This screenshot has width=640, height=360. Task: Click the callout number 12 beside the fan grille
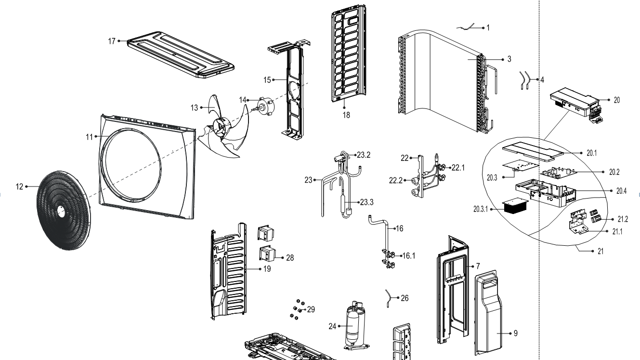[x=19, y=187]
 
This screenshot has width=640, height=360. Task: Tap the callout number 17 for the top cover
[x=112, y=41]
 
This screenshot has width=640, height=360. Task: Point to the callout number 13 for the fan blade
[x=194, y=108]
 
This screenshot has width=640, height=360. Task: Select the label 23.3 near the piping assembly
[x=366, y=202]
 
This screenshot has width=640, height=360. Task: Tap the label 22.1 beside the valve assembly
[x=457, y=167]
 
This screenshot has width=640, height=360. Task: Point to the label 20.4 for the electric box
[x=621, y=191]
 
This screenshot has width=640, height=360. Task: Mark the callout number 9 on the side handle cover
[x=515, y=333]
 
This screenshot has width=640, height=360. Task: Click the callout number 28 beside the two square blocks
[x=290, y=258]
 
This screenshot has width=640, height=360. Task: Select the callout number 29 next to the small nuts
[x=311, y=309]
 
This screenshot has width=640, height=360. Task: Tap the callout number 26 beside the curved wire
[x=405, y=298]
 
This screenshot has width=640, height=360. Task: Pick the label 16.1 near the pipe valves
[x=409, y=255]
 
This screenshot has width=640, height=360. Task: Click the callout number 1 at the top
[x=488, y=28]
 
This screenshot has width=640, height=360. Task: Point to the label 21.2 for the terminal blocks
[x=623, y=219]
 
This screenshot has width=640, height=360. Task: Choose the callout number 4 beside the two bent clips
[x=542, y=80]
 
